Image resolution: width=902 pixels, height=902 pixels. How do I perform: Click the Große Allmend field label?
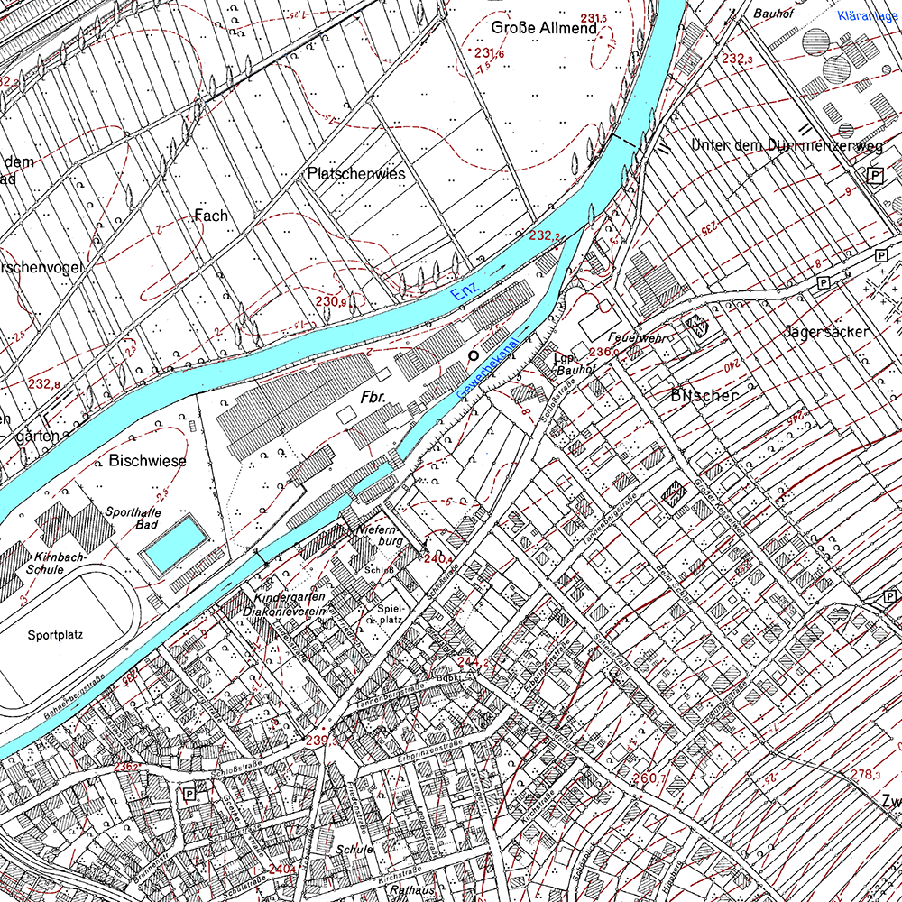coord(544,29)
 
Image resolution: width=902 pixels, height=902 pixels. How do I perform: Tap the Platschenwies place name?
coord(356,173)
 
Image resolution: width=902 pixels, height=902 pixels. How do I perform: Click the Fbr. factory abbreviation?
coord(373,398)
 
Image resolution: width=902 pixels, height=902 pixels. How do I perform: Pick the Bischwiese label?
coord(147,461)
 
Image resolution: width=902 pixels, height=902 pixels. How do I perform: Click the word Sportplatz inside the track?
coord(55,634)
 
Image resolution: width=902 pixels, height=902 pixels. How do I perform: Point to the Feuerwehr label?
coord(642,337)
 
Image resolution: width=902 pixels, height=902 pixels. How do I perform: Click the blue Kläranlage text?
coord(869,15)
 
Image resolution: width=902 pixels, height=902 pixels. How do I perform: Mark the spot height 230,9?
coord(331,301)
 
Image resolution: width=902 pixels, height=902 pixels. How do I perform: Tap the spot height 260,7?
coord(649,778)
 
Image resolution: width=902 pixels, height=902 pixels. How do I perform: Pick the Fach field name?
coord(211,216)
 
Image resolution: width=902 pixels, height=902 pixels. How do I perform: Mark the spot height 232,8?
coord(42,383)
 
